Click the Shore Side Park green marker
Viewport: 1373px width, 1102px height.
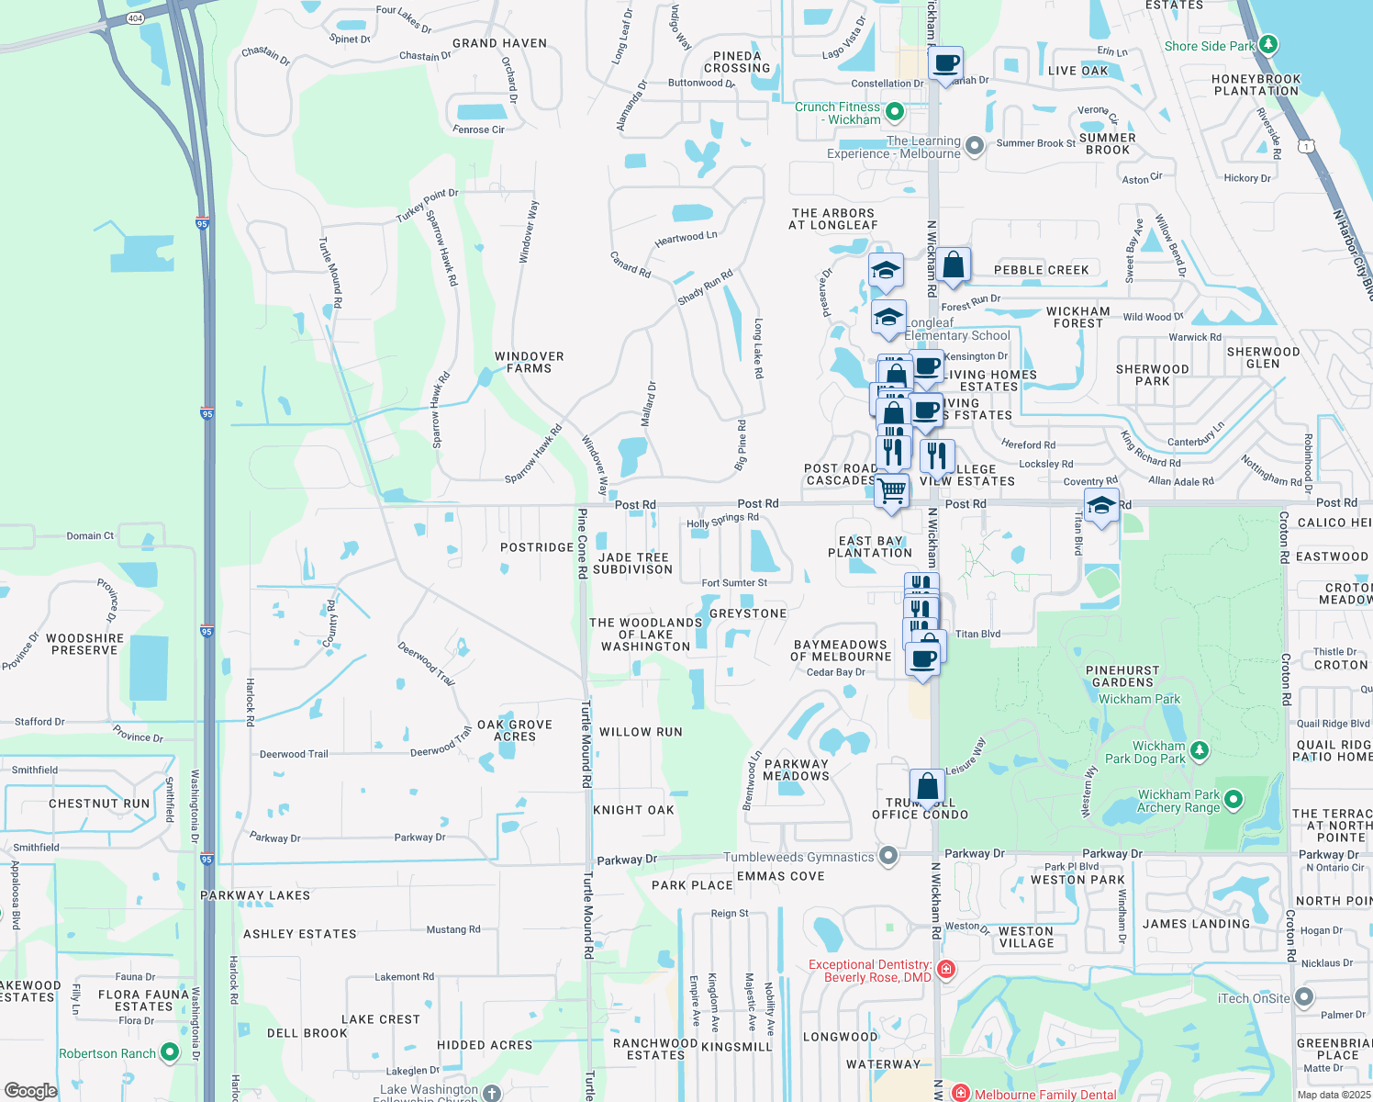click(x=1267, y=44)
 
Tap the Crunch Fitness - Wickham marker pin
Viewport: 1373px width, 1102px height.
click(x=895, y=112)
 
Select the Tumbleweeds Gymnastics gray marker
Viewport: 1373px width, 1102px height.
click(x=887, y=856)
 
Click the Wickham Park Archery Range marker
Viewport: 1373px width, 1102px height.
click(x=1233, y=800)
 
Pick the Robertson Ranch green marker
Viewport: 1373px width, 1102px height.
click(x=170, y=1052)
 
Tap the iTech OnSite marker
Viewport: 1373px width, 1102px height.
click(x=1304, y=997)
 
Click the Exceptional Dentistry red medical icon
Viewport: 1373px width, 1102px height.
click(x=946, y=970)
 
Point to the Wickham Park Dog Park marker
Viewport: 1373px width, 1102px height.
click(x=1199, y=751)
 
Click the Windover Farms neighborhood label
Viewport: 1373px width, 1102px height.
click(x=529, y=362)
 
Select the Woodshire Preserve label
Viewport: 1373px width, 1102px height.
click(x=84, y=644)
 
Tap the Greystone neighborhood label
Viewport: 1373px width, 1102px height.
click(x=748, y=613)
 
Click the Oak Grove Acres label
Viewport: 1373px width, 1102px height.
click(x=515, y=730)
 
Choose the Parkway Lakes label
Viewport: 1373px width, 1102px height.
click(x=255, y=895)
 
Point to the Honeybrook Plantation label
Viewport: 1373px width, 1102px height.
click(x=1256, y=84)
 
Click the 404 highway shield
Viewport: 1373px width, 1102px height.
click(x=136, y=18)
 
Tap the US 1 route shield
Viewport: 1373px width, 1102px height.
click(x=1305, y=146)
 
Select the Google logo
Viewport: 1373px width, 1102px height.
click(x=30, y=1091)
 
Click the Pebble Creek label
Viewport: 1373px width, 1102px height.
click(x=1041, y=270)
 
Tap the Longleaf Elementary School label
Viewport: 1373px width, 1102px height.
click(x=956, y=329)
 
